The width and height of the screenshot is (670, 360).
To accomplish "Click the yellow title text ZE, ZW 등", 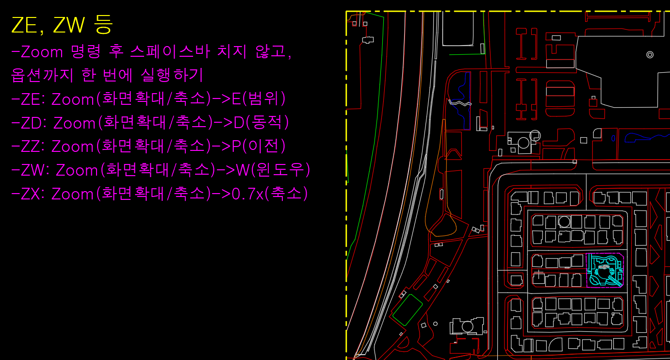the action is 62,25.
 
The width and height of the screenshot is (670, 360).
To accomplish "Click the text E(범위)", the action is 259,99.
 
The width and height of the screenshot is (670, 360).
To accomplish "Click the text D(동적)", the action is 261,123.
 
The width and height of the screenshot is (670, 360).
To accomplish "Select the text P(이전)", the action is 259,147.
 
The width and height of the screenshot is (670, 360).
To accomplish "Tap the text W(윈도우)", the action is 273,170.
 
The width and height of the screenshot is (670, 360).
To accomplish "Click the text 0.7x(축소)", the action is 270,194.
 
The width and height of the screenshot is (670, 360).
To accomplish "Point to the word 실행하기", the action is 172,76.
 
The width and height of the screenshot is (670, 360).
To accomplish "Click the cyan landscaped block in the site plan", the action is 604,271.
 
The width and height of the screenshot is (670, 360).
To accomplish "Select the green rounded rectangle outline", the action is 407,310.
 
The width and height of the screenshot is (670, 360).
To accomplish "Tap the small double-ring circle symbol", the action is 650,55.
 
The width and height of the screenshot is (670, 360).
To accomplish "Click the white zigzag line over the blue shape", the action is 460,103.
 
